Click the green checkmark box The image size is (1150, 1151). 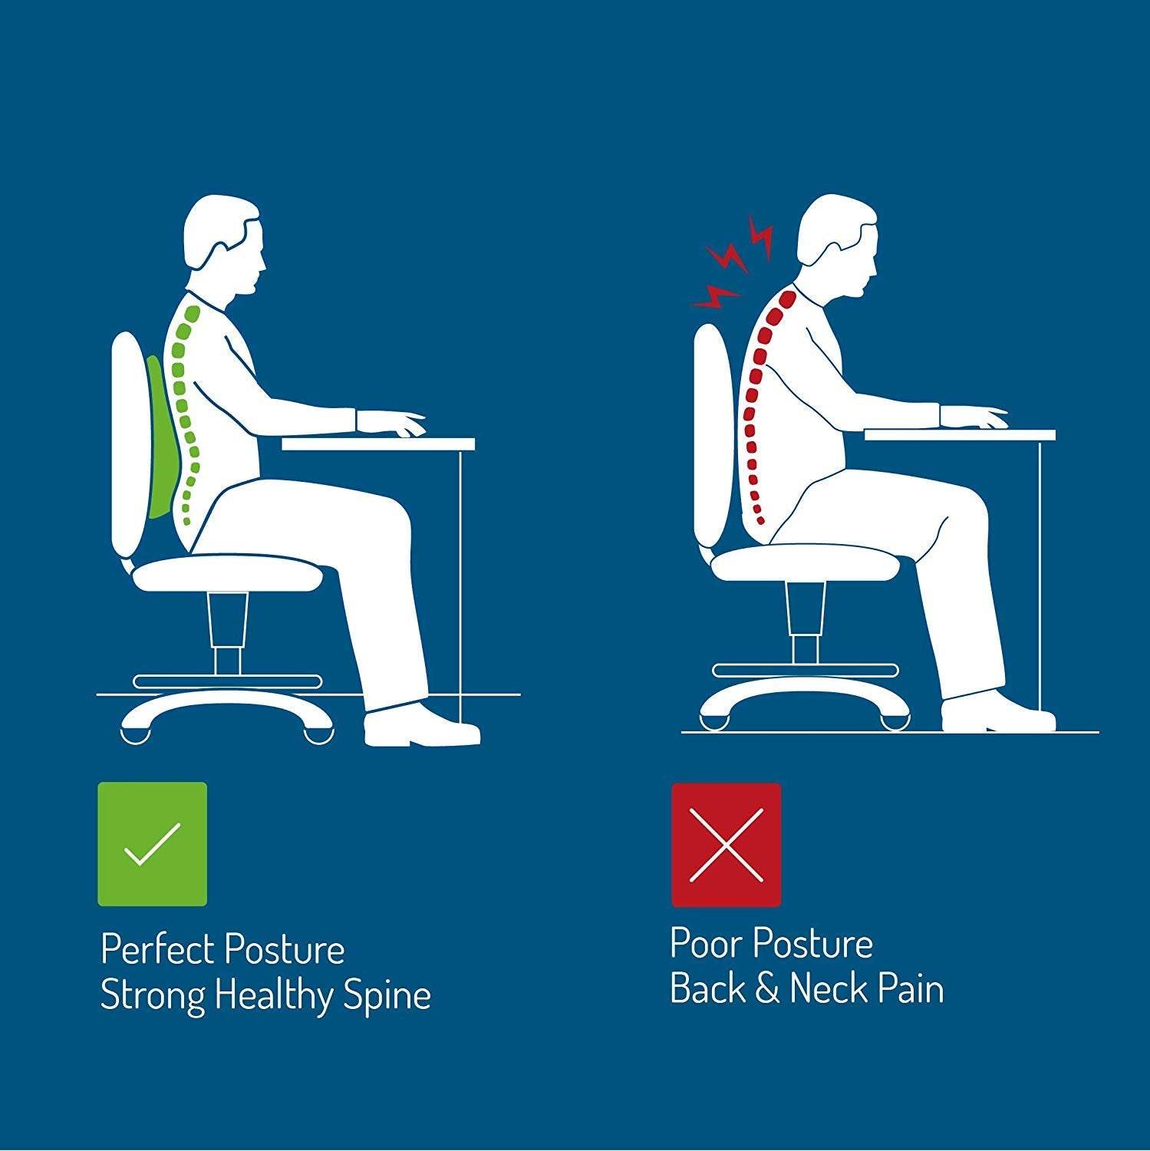152,844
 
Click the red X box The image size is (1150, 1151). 726,844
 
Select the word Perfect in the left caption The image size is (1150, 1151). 157,950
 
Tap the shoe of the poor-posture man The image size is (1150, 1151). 997,714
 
